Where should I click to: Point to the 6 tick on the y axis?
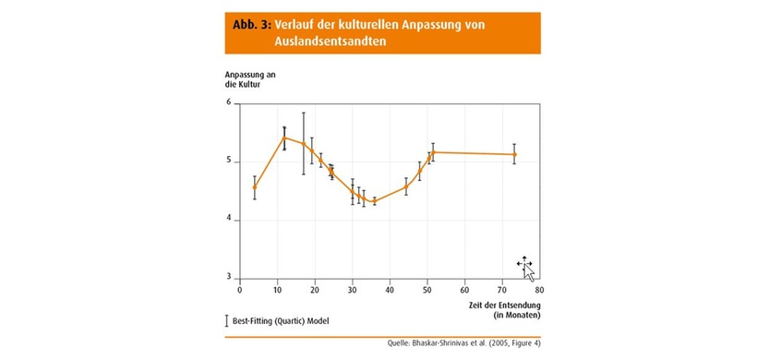[228, 102]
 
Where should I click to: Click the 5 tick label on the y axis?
[228, 162]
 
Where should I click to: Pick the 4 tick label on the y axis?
[228, 221]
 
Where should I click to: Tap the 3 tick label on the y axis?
[228, 278]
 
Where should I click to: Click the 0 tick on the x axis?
[240, 289]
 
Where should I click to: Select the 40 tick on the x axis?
[389, 289]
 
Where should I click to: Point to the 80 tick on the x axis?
[538, 289]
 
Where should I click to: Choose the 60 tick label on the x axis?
[463, 289]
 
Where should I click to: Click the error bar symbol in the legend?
[227, 321]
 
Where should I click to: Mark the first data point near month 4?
[255, 187]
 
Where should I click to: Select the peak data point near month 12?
[284, 138]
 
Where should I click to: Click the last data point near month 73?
[514, 154]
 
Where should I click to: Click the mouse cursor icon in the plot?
[525, 267]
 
